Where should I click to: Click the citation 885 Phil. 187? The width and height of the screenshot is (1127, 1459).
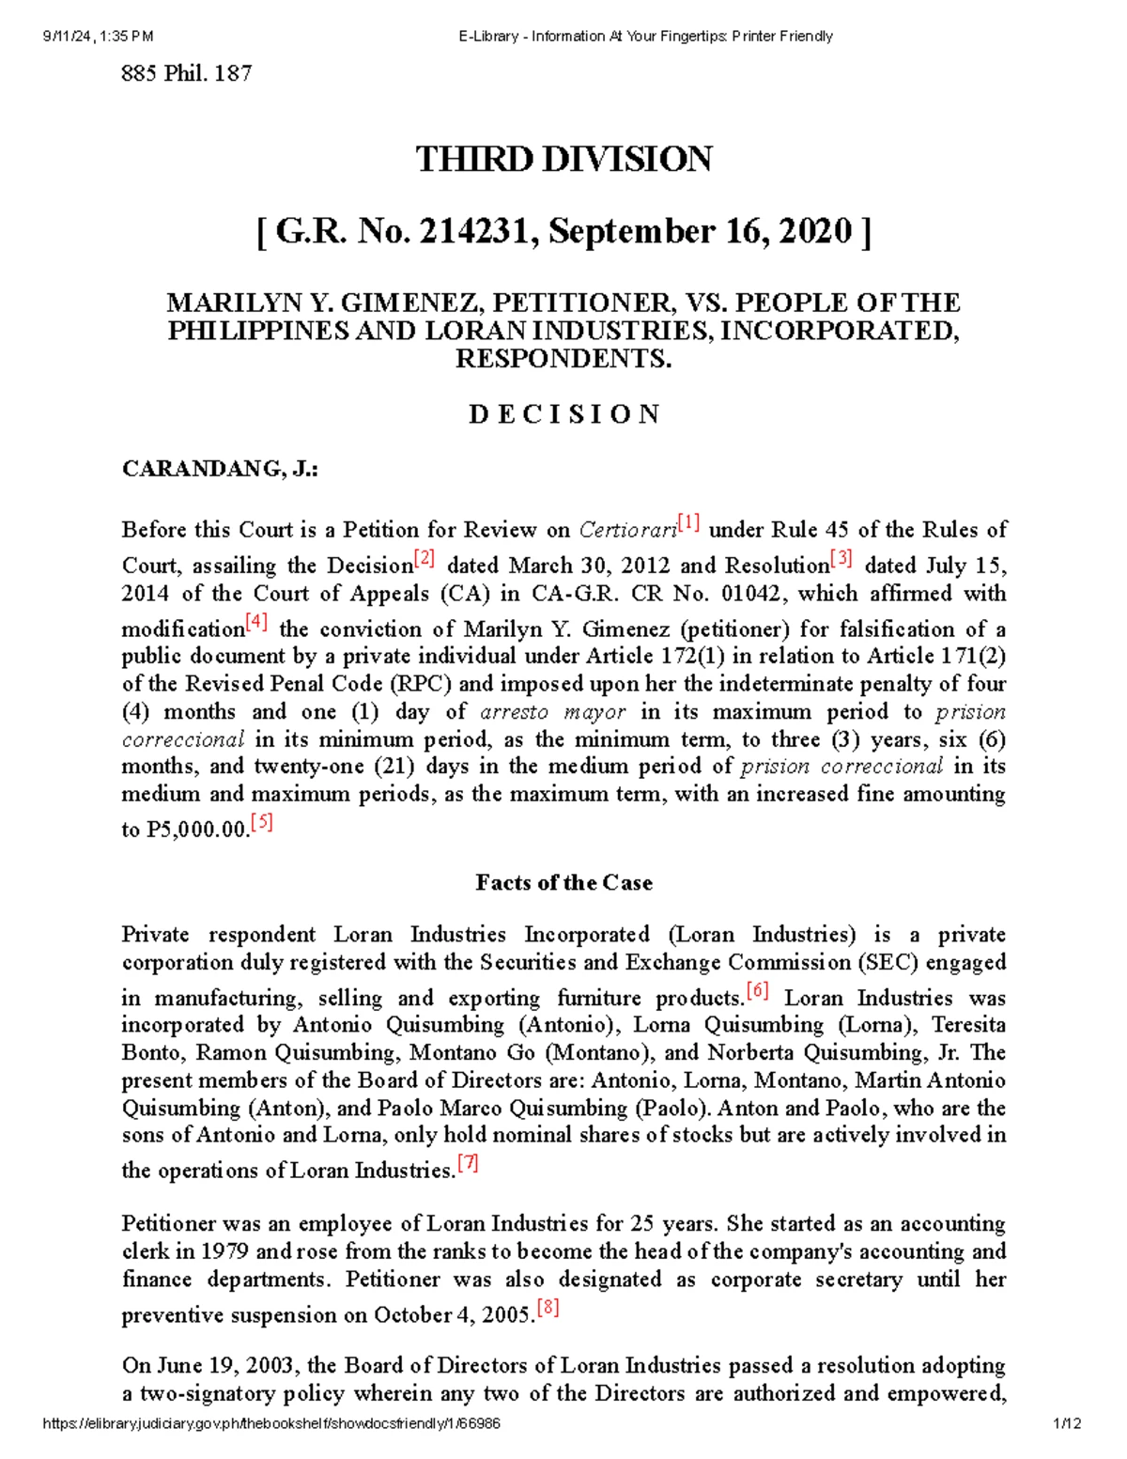coord(187,73)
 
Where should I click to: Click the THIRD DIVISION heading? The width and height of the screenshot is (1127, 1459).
coord(563,159)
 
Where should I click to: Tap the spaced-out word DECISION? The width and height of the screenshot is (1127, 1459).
coord(563,414)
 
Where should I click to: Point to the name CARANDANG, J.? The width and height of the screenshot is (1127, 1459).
coord(220,469)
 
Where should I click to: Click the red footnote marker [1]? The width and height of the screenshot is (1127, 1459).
coord(689,522)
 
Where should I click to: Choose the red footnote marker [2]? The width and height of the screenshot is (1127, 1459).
coord(425,558)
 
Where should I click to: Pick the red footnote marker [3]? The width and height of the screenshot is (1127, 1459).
coord(841,558)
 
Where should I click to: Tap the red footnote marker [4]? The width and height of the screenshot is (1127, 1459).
coord(256,622)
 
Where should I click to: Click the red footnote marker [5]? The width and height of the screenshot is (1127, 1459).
coord(262,823)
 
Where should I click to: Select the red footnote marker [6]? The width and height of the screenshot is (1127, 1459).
coord(758,990)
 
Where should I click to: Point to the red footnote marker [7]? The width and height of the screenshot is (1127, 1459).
coord(468,1163)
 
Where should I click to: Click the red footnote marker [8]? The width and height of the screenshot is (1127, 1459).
coord(548,1308)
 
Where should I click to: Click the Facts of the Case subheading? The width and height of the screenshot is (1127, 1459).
coord(563,882)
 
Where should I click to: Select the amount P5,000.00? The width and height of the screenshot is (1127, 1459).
coord(196,830)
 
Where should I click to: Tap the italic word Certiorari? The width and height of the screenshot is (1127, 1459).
coord(627,530)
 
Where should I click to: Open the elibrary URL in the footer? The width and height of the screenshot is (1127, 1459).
coord(271,1423)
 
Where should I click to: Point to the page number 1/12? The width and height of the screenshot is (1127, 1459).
coord(1068,1423)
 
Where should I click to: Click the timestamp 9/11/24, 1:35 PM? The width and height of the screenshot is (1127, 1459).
coord(98,37)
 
